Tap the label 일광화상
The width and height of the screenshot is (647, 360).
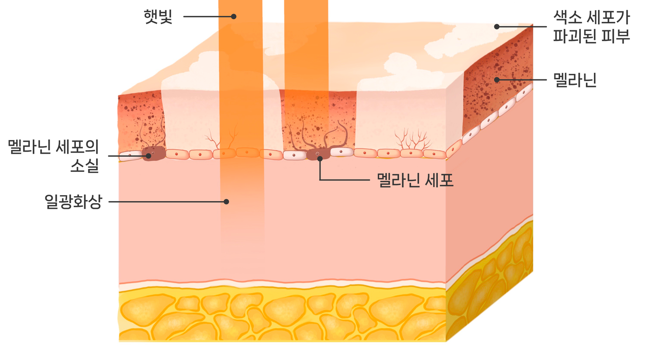[74, 202]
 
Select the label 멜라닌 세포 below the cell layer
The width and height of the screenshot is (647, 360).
[415, 181]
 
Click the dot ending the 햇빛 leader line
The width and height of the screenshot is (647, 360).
[234, 17]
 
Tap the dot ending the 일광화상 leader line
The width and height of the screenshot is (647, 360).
[226, 202]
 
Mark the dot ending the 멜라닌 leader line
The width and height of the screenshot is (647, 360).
[497, 79]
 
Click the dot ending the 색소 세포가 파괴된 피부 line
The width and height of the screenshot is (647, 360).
[497, 26]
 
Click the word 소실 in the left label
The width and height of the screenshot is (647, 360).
[84, 165]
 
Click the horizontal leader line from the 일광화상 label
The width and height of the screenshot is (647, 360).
[167, 202]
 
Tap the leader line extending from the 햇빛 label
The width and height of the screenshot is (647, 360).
[207, 17]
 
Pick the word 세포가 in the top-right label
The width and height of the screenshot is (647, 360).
[608, 19]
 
